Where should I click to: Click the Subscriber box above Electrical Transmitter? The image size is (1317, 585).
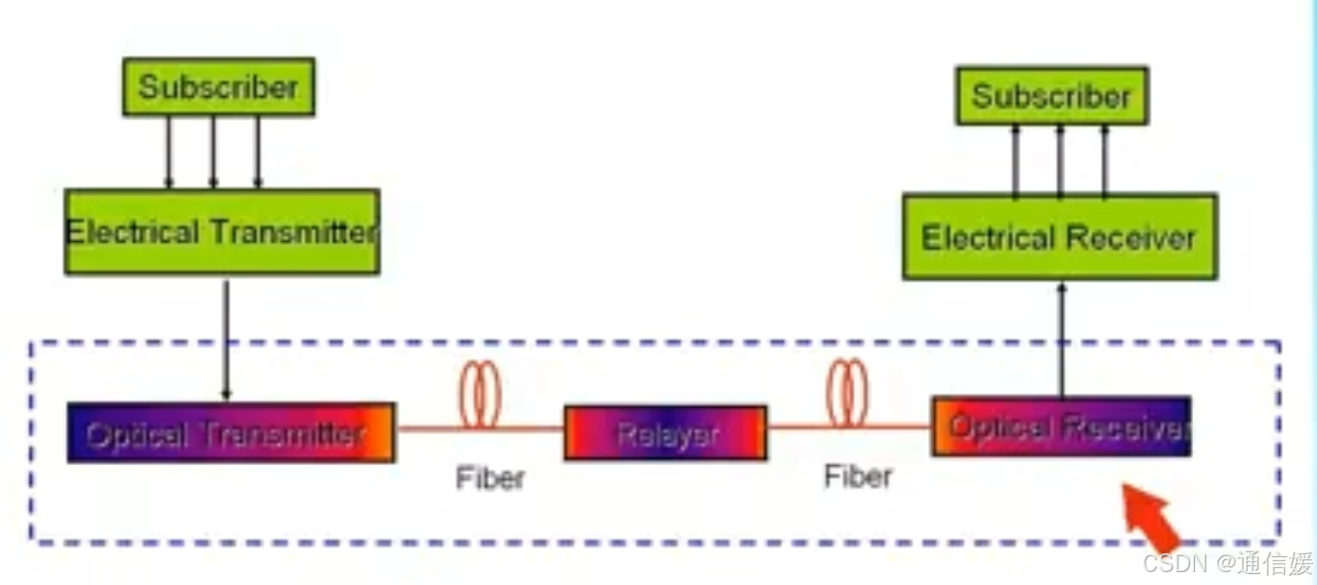218,87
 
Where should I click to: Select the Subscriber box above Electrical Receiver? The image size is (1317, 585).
1051,96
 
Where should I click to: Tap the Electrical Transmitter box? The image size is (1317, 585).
222,232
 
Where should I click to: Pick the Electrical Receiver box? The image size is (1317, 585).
1059,237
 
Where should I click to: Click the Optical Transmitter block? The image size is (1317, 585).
230,432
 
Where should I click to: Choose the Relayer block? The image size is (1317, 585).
665,433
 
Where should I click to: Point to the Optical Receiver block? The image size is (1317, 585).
1061,426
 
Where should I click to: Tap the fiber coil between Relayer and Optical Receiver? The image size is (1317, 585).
847,393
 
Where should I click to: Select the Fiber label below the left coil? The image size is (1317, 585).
490,478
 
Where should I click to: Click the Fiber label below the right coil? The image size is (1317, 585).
858,476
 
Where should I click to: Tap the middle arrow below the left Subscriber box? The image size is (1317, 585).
213,153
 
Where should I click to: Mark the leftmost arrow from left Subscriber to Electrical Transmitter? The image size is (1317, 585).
169,153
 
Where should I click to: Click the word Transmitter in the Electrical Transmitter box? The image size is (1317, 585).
293,232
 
